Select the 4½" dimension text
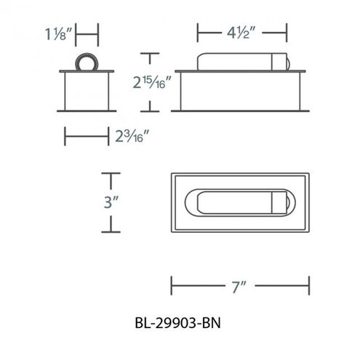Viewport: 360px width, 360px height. pos(241,32)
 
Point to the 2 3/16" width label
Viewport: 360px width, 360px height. pos(136,136)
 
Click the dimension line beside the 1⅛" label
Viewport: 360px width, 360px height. pos(87,33)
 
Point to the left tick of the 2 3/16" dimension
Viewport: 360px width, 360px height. pos(65,136)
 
